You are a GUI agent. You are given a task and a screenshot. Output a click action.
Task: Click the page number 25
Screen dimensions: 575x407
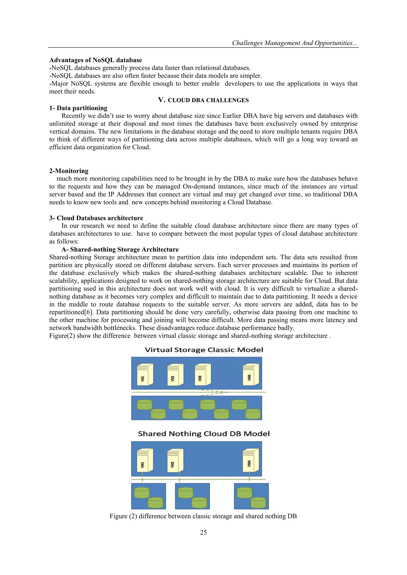click(x=203, y=533)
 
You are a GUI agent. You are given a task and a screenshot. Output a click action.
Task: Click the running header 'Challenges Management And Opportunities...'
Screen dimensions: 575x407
click(x=295, y=43)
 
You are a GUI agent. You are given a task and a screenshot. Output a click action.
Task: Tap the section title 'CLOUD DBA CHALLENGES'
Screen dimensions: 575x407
click(x=208, y=100)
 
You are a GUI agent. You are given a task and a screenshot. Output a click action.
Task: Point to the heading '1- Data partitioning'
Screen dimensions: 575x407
click(x=78, y=108)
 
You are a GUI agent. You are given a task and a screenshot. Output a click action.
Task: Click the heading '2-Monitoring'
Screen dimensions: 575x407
click(x=69, y=171)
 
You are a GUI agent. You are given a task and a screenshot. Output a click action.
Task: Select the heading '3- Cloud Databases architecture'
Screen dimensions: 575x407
click(x=96, y=218)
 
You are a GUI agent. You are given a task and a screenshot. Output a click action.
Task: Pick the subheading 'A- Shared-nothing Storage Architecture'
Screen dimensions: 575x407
click(x=120, y=249)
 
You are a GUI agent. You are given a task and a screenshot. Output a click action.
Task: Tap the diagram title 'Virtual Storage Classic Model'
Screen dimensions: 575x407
click(x=204, y=350)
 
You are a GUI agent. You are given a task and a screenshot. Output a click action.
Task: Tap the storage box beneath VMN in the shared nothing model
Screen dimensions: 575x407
click(x=251, y=496)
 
